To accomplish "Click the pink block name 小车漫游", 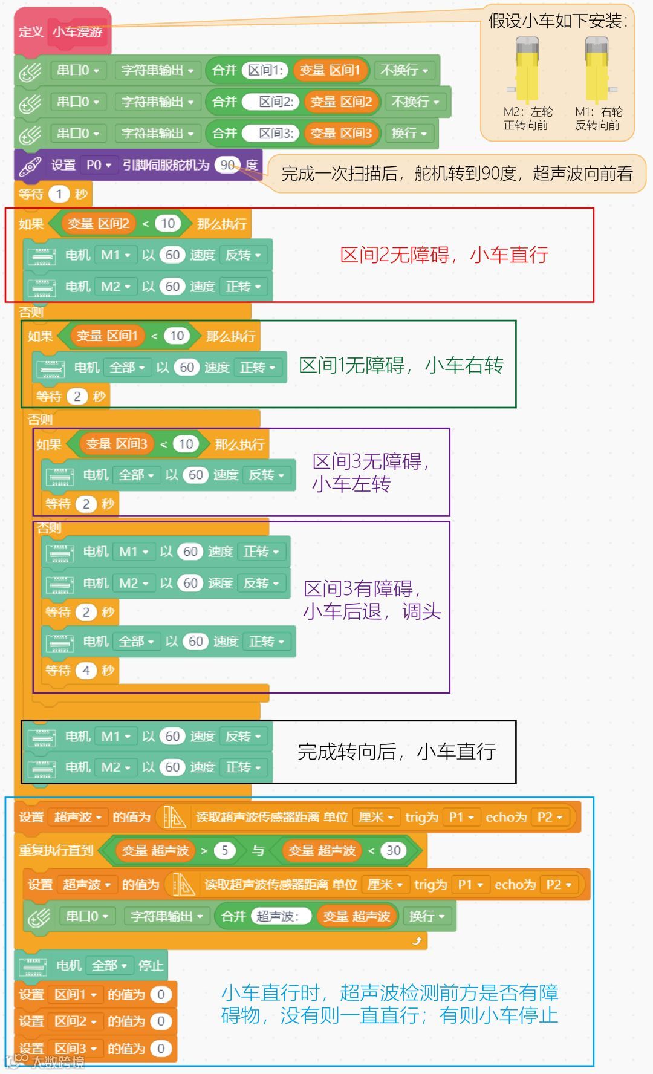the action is tap(77, 31).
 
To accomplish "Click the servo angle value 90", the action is tap(227, 164).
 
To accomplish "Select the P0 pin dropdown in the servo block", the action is tap(99, 164).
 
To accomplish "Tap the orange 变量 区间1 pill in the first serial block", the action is tap(330, 70).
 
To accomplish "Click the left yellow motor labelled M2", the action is tap(527, 70).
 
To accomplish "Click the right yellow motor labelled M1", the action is tap(597, 70).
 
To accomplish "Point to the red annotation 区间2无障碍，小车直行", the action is tap(444, 255).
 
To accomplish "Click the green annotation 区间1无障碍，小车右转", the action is tap(401, 365).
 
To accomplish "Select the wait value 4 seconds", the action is tap(86, 670).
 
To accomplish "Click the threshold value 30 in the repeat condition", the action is tap(394, 850).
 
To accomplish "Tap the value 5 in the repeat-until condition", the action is tap(224, 850).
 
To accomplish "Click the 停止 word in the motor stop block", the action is tap(151, 965).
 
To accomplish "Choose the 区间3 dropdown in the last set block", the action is tap(75, 1048).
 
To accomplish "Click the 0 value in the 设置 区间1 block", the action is tap(161, 994).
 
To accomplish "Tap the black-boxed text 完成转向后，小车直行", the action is tap(397, 752).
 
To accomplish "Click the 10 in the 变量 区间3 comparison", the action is tap(186, 444).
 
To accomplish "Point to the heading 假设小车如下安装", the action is tap(557, 21).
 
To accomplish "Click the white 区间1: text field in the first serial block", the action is tap(265, 70).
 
